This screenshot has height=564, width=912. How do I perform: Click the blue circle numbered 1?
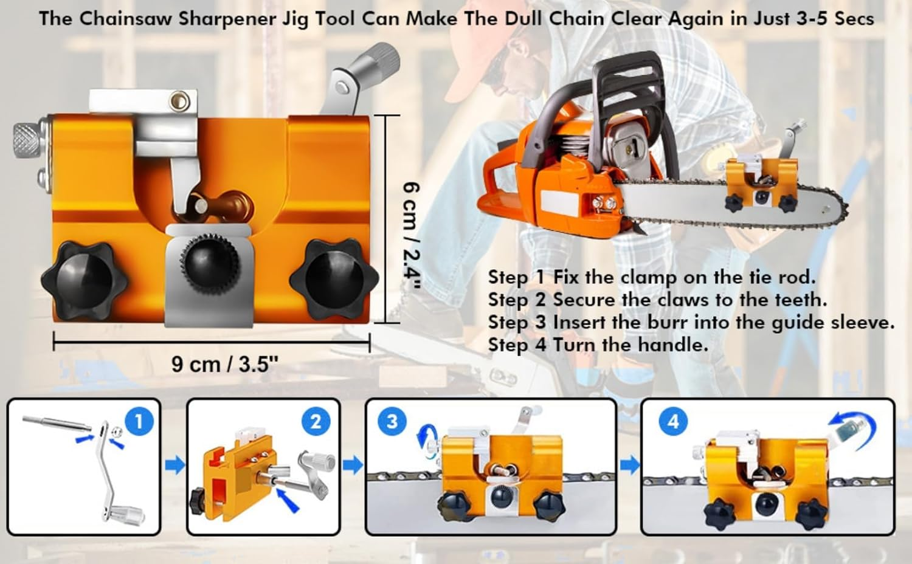point(139,421)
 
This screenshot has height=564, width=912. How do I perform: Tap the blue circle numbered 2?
point(316,421)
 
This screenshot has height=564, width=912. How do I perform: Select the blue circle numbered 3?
point(392,421)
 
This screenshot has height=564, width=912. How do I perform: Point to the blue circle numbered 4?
point(673,421)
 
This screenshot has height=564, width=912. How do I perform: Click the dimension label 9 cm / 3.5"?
point(224,365)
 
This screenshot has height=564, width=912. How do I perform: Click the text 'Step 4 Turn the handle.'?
point(598,345)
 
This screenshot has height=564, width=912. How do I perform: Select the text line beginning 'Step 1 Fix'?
point(651,277)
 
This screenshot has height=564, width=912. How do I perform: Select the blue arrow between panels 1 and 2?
point(174,466)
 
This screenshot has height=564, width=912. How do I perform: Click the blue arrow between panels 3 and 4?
point(630,466)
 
